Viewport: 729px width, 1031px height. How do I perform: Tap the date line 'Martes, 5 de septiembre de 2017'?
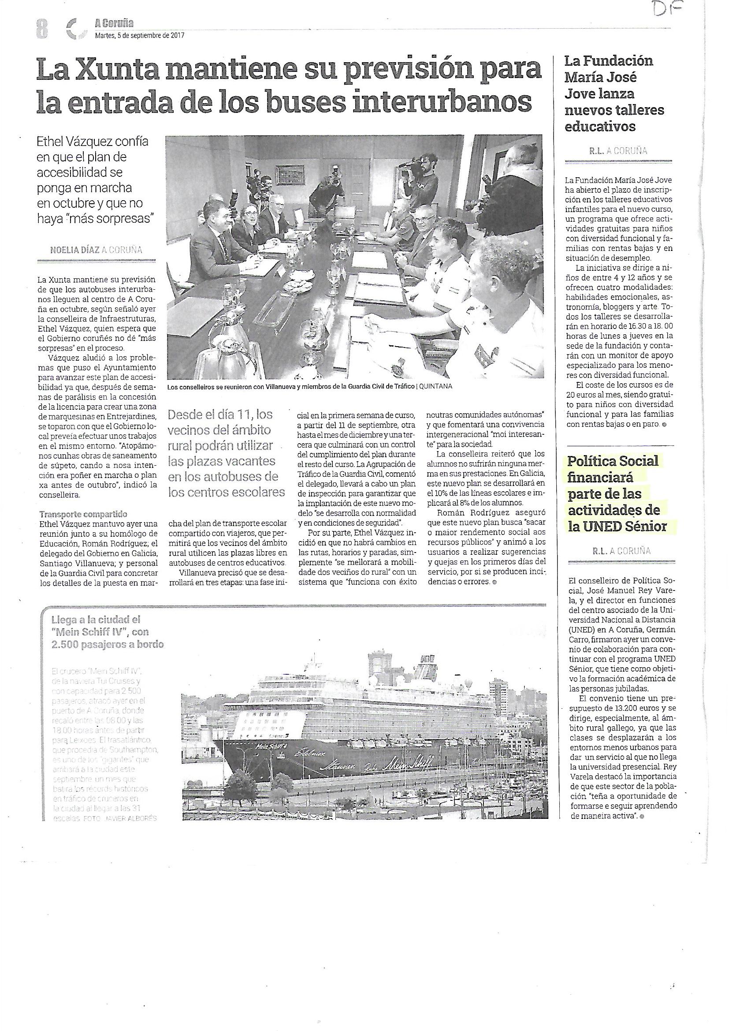click(x=140, y=35)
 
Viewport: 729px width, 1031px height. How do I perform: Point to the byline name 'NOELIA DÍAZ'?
click(x=74, y=250)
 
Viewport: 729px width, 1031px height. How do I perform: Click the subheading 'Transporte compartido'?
click(x=83, y=514)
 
